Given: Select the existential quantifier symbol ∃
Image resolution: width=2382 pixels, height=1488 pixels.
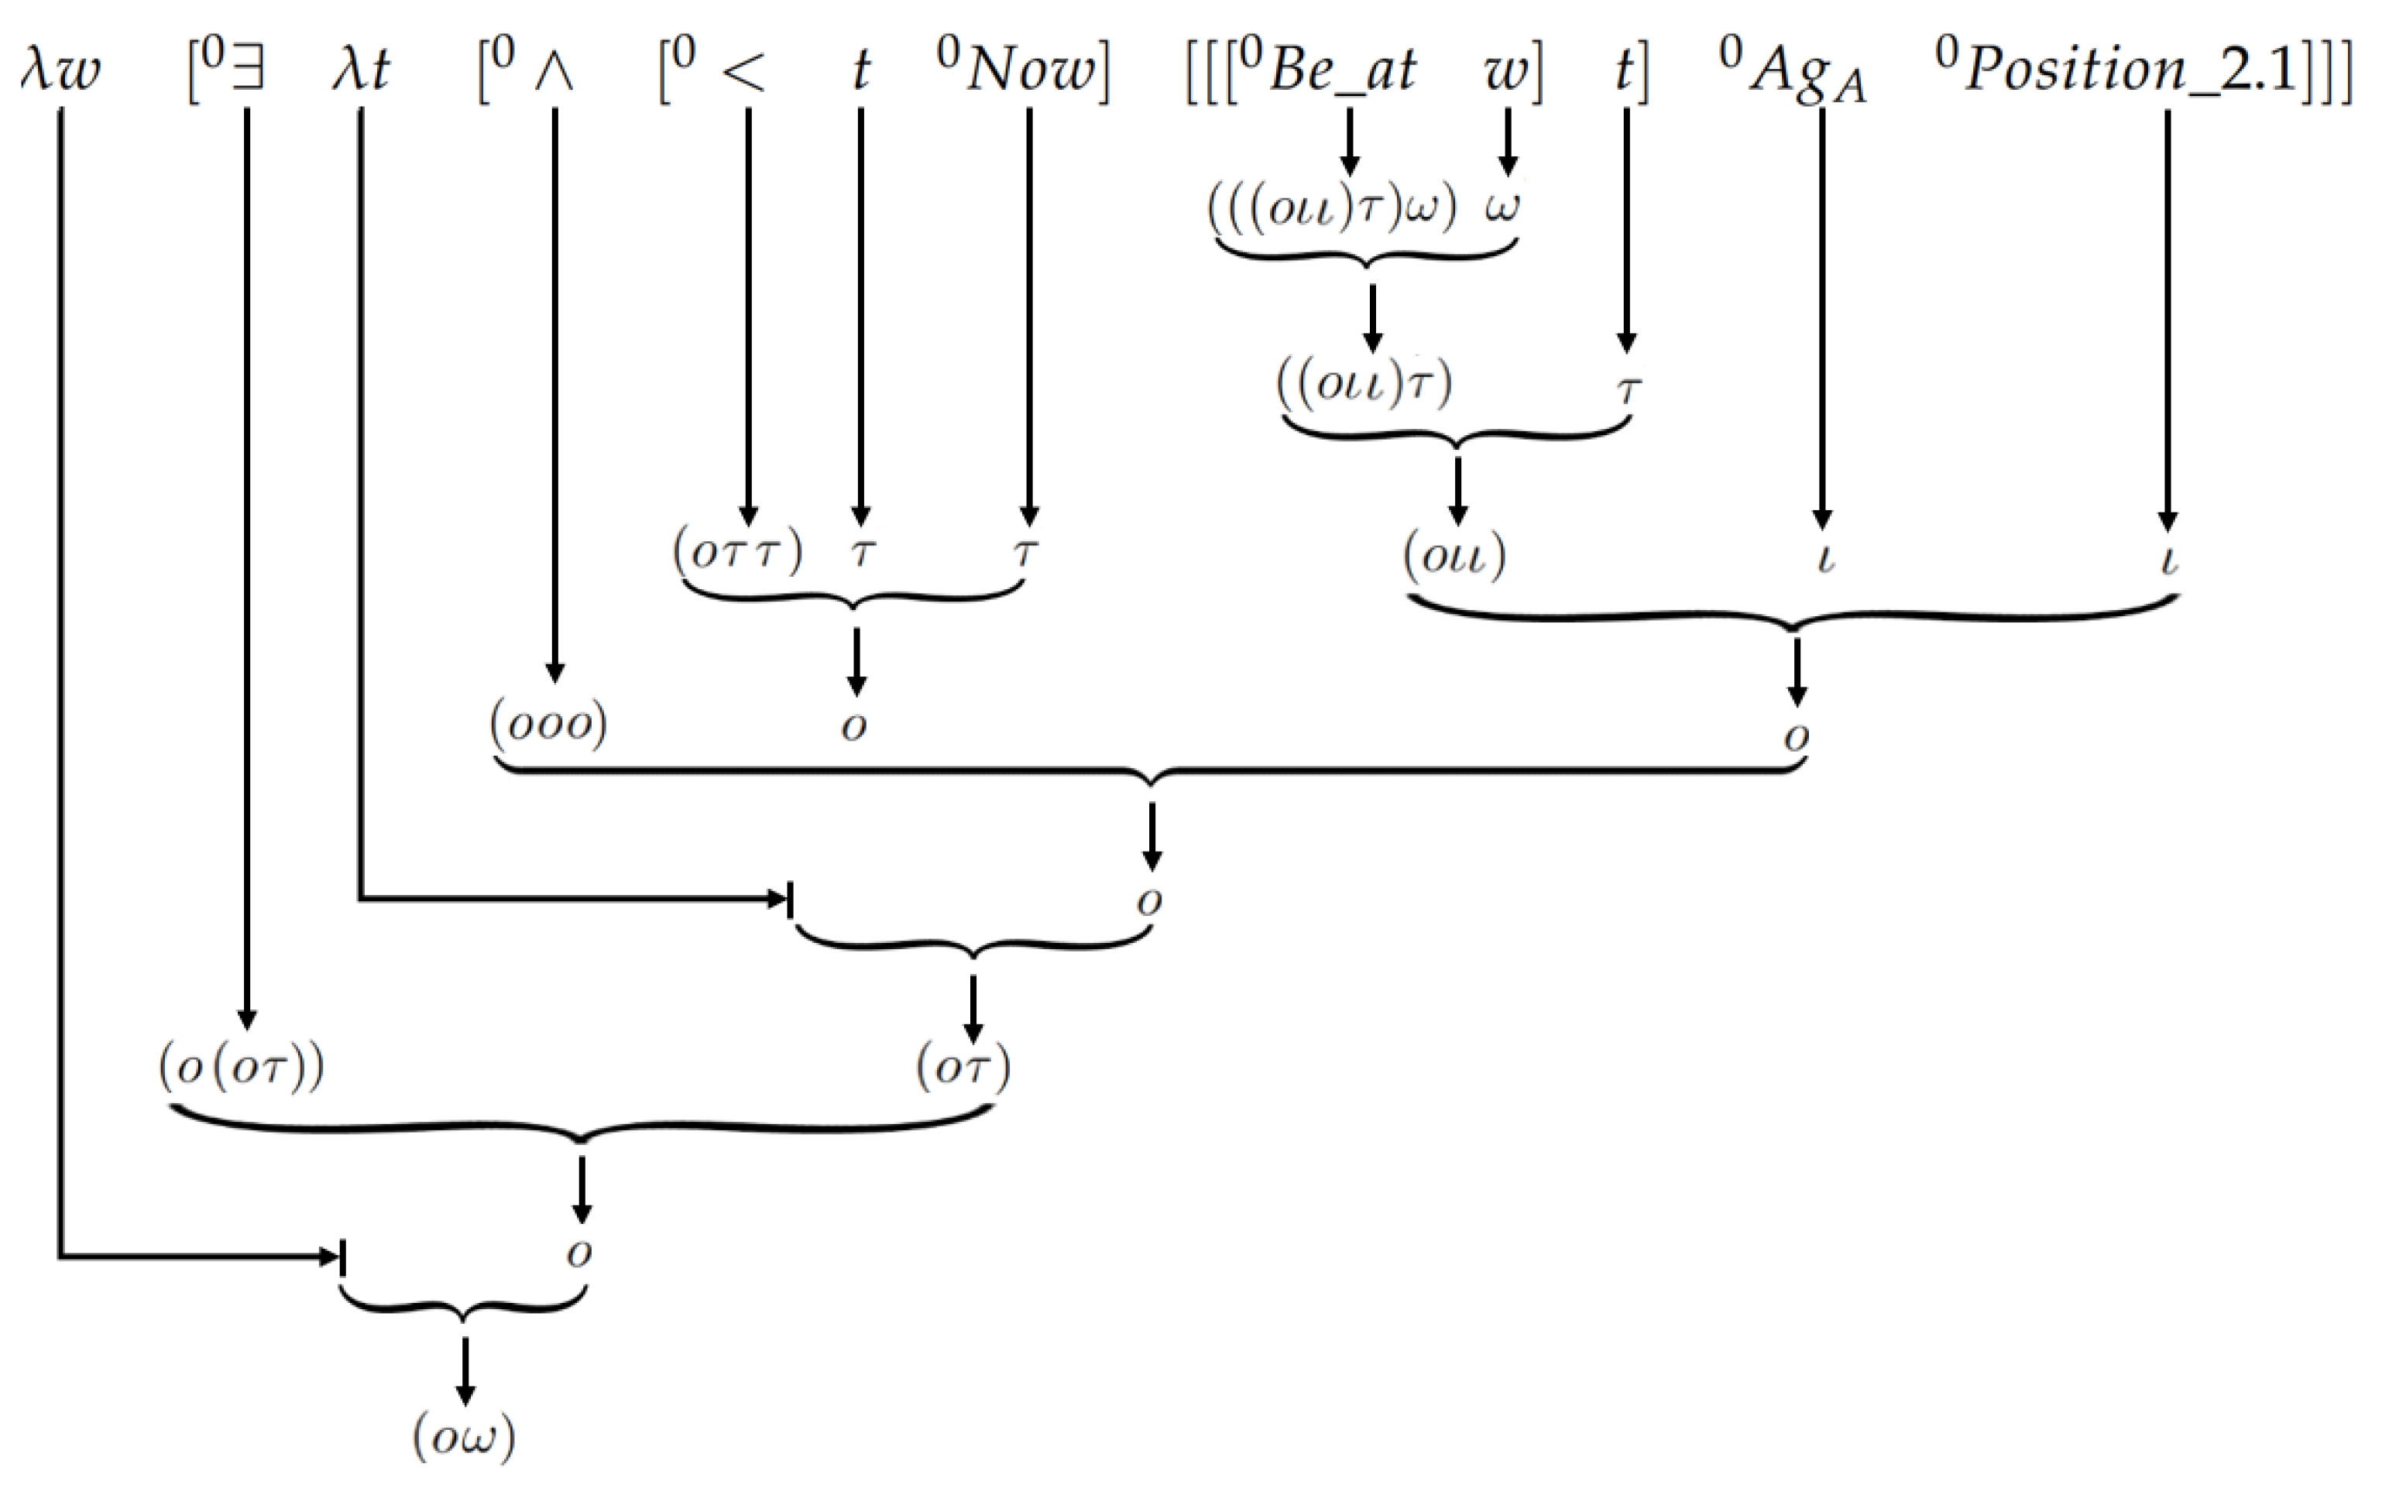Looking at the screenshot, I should (246, 71).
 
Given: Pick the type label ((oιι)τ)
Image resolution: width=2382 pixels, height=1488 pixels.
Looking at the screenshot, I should (1364, 384).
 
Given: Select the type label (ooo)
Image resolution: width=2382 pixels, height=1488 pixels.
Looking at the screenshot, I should (548, 725).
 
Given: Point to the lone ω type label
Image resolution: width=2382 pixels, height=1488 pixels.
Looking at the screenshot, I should (1503, 207).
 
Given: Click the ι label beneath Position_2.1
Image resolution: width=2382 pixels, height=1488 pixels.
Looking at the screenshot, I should (2168, 559).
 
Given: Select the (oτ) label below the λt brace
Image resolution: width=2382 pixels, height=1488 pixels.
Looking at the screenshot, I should (963, 1068).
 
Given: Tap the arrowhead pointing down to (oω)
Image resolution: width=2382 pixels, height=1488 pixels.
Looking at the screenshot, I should (465, 1394).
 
